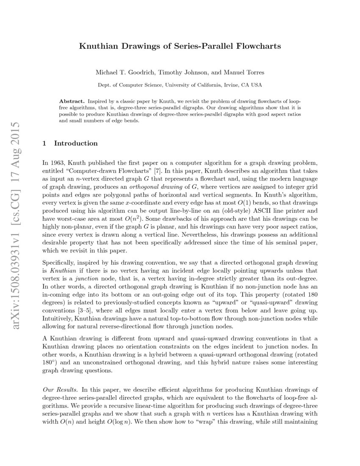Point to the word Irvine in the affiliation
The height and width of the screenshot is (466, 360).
(229, 85)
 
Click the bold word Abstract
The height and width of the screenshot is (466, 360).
(72, 102)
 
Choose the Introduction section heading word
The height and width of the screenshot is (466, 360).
(76, 143)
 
